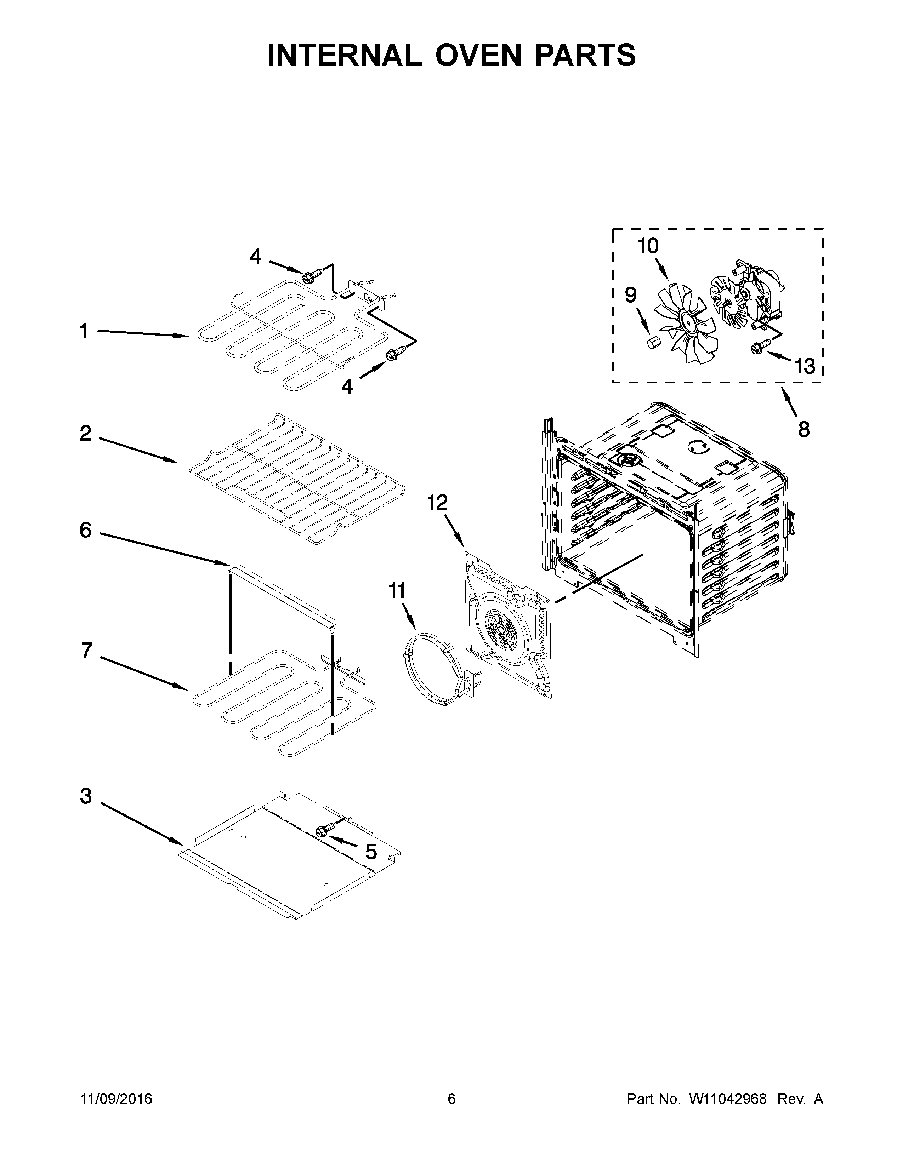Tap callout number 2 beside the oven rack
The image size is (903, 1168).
click(x=86, y=433)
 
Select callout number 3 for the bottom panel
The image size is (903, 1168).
click(x=86, y=796)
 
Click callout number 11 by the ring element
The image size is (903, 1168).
click(x=397, y=591)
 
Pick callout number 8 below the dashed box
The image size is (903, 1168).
click(x=803, y=429)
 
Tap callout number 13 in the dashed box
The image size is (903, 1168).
click(x=804, y=366)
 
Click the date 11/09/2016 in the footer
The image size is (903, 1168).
click(x=117, y=1099)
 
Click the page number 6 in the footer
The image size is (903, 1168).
click(x=451, y=1099)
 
